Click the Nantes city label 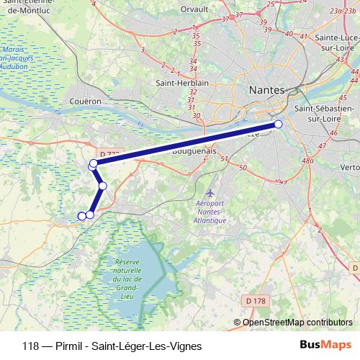pos(266,90)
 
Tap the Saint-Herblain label pos(182,83)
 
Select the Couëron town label pos(86,102)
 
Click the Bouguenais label pos(194,152)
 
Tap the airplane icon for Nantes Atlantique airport pos(210,193)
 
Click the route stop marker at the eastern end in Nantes pos(279,125)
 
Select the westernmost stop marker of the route pos(81,215)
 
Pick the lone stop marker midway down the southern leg pos(102,186)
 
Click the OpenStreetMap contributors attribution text pos(297,323)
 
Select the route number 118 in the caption pos(31,346)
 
